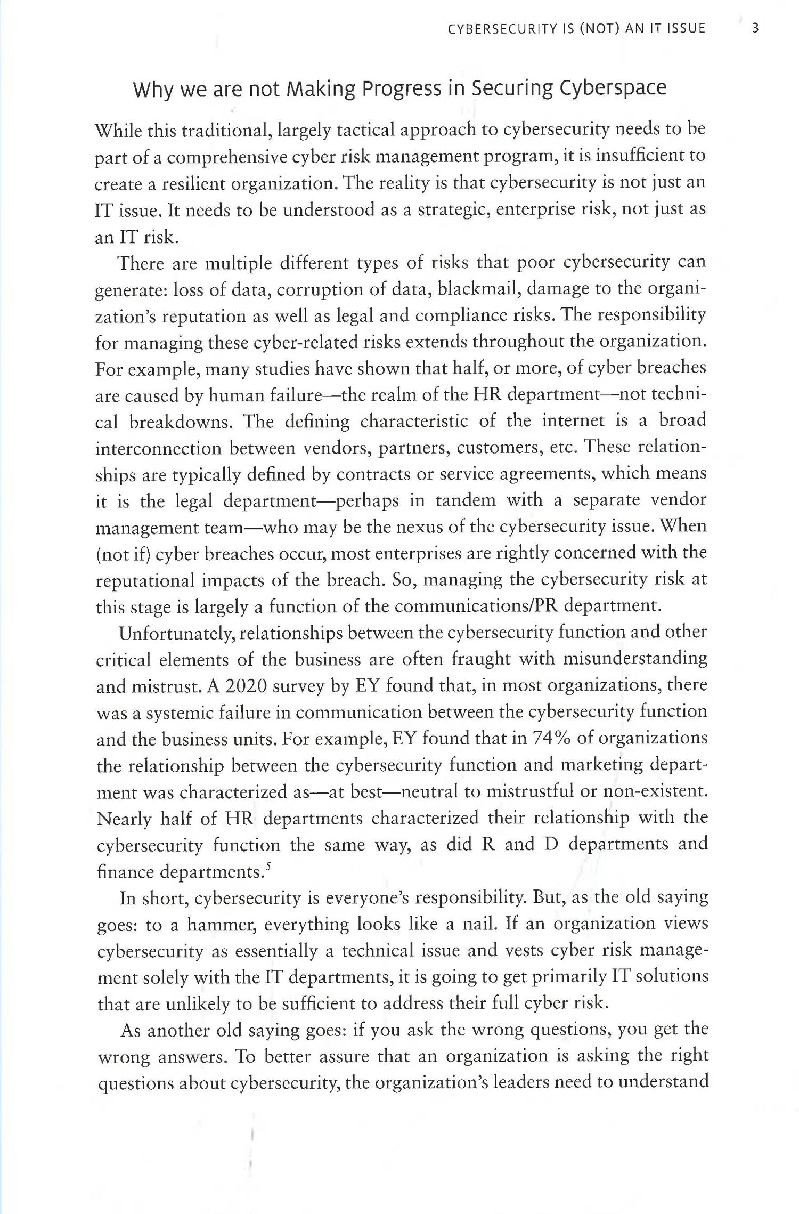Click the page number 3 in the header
tap(755, 28)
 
